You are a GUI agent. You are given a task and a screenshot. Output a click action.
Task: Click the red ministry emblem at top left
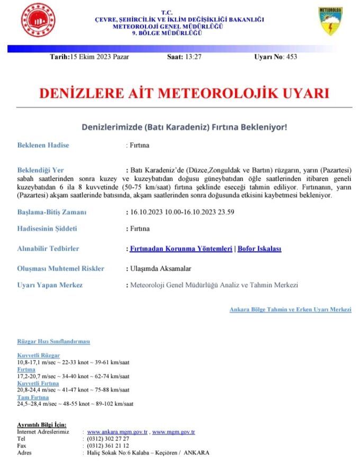[38, 20]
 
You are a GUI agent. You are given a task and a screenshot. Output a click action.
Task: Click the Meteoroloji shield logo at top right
[330, 21]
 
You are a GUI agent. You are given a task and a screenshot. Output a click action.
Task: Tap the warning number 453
[292, 57]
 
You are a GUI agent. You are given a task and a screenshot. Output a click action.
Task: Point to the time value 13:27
[193, 57]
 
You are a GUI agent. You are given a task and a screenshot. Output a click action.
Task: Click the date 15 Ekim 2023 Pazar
[99, 57]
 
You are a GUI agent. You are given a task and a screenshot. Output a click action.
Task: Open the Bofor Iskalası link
[259, 249]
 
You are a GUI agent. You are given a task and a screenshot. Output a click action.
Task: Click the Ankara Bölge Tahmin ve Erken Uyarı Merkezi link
[290, 309]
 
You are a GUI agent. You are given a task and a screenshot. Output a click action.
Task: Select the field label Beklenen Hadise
[43, 145]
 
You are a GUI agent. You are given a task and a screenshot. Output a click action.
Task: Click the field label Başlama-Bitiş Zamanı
[52, 212]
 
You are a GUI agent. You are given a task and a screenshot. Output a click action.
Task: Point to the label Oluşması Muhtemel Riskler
[61, 268]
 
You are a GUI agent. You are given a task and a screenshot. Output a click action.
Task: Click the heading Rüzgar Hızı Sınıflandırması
[53, 342]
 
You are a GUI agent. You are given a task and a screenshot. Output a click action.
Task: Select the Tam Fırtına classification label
[33, 397]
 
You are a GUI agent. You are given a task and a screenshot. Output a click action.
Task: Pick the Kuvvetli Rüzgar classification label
[39, 355]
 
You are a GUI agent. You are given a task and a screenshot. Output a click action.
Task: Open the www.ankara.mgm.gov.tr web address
[117, 432]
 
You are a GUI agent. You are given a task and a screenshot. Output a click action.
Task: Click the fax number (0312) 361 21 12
[108, 446]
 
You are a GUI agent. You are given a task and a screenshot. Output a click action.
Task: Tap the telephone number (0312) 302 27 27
[108, 439]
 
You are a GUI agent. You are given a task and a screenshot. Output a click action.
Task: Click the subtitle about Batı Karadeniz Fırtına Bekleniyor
[184, 127]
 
